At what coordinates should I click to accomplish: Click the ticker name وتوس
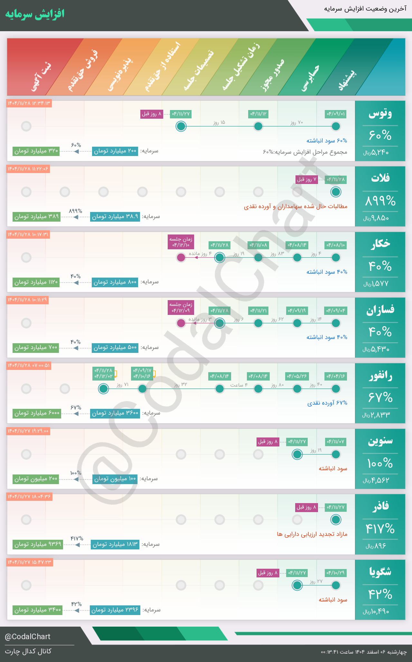point(380,113)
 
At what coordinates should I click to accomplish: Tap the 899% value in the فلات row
point(380,201)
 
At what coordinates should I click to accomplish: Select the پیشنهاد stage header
point(348,79)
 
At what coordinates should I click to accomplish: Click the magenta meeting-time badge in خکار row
point(181,242)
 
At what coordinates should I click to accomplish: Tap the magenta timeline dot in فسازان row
point(181,323)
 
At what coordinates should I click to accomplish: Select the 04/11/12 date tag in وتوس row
point(258,114)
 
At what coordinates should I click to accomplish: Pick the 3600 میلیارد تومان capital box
point(115,413)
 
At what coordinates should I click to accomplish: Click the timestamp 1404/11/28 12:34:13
point(29,103)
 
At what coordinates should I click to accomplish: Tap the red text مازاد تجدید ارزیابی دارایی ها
point(312,534)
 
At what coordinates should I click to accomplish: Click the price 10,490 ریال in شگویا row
point(376,611)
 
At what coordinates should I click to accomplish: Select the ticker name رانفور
point(380,376)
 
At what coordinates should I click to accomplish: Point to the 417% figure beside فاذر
point(380,529)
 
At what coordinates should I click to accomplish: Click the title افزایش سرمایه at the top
point(35,14)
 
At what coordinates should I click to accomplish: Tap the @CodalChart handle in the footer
point(28,637)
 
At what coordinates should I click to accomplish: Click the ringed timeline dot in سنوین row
point(297,454)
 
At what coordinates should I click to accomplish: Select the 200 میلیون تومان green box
point(36,479)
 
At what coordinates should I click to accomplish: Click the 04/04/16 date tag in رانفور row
point(336,376)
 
